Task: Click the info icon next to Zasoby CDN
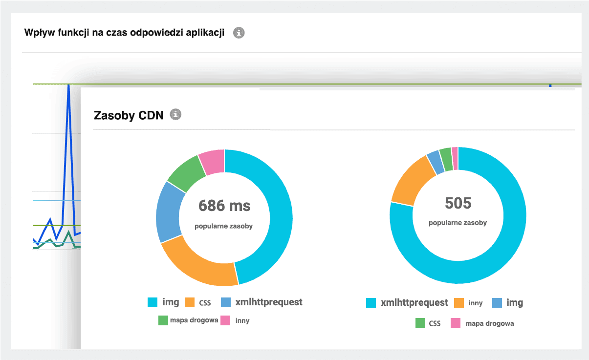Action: (x=175, y=115)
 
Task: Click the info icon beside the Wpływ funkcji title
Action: (x=239, y=33)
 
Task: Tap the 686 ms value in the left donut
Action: (x=224, y=206)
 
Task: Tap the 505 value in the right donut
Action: (x=458, y=203)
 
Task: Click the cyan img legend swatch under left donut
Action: (x=153, y=303)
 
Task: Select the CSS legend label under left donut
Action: (x=205, y=303)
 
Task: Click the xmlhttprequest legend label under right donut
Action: (x=414, y=303)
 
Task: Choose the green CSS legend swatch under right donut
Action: (x=420, y=323)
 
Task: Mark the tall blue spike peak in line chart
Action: (x=68, y=85)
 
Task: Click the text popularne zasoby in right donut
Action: (x=458, y=223)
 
